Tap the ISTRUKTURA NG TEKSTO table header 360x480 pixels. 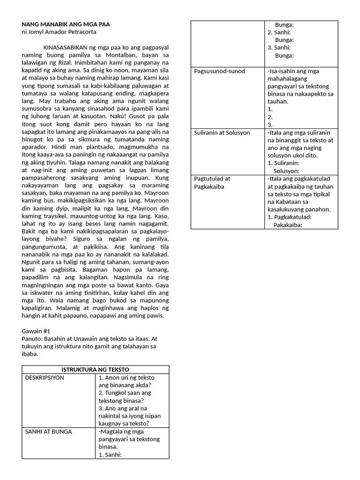[x=96, y=369]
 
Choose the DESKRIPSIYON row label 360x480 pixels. [x=45, y=377]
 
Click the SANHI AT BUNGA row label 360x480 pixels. [x=49, y=431]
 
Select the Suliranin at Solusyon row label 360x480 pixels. [x=222, y=133]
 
